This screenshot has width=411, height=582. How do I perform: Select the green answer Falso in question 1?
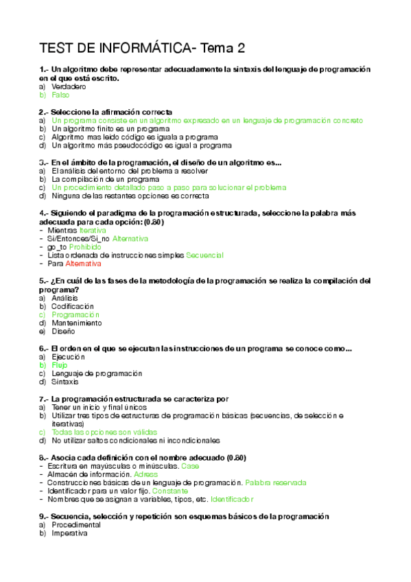pos(60,95)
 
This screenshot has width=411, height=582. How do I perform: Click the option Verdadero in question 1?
pos(69,87)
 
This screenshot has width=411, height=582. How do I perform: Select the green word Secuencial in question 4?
pos(204,255)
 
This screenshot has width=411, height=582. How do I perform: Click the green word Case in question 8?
pos(191,466)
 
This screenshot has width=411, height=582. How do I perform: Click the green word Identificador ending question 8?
pos(233,499)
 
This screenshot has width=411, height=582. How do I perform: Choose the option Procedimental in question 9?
pos(76,524)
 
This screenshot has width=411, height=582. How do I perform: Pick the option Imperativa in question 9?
pos(70,533)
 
